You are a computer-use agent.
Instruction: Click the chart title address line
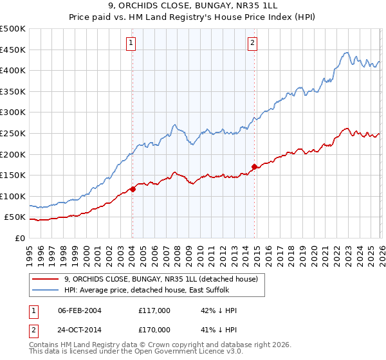[193, 8]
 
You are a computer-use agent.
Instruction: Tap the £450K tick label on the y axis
[14, 50]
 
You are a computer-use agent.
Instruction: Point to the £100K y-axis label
[14, 196]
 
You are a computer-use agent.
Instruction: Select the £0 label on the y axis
[21, 238]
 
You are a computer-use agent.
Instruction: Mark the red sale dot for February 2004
[133, 189]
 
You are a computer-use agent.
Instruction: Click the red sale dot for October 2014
[254, 166]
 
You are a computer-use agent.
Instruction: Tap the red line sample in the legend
[46, 279]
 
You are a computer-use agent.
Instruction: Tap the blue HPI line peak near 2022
[346, 53]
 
